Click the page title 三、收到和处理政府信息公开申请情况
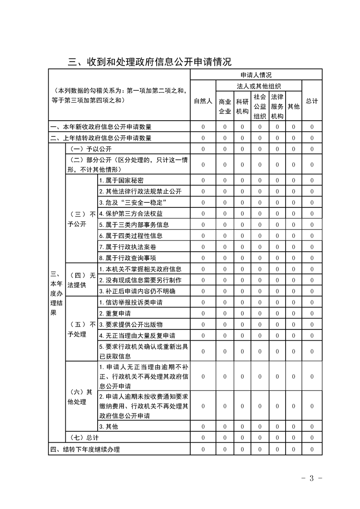[150, 61]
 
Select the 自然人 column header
[203, 101]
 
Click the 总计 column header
[312, 101]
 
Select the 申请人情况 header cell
[256, 74]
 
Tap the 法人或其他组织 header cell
[259, 85]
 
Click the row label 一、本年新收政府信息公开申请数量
[101, 127]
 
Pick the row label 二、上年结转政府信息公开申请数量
[101, 138]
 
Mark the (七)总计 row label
[83, 437]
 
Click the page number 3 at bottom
[311, 479]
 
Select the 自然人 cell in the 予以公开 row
[203, 149]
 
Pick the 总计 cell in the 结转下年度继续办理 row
[312, 449]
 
